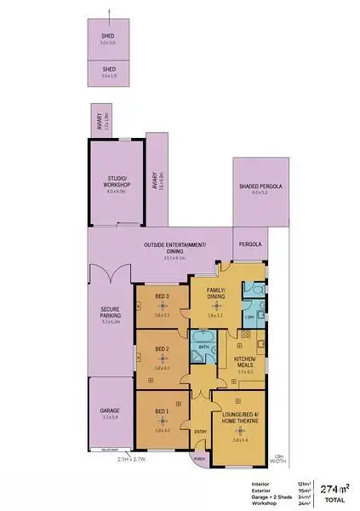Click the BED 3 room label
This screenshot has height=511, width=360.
(x=162, y=297)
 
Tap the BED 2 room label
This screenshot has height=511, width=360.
(x=162, y=349)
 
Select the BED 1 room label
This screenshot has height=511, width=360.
(x=162, y=412)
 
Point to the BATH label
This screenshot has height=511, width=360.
(x=204, y=347)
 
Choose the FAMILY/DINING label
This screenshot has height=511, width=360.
(x=216, y=294)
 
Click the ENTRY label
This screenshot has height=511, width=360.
(x=200, y=432)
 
